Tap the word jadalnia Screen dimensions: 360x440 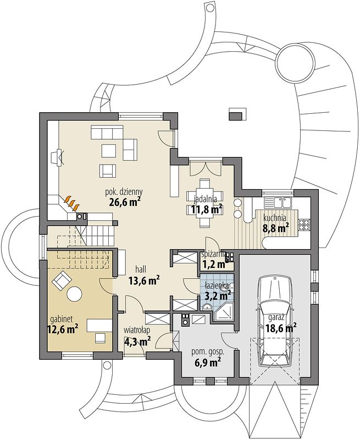206,199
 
